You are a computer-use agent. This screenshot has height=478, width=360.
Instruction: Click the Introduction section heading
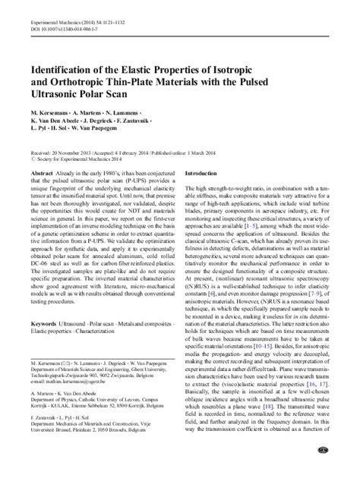tap(203, 174)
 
